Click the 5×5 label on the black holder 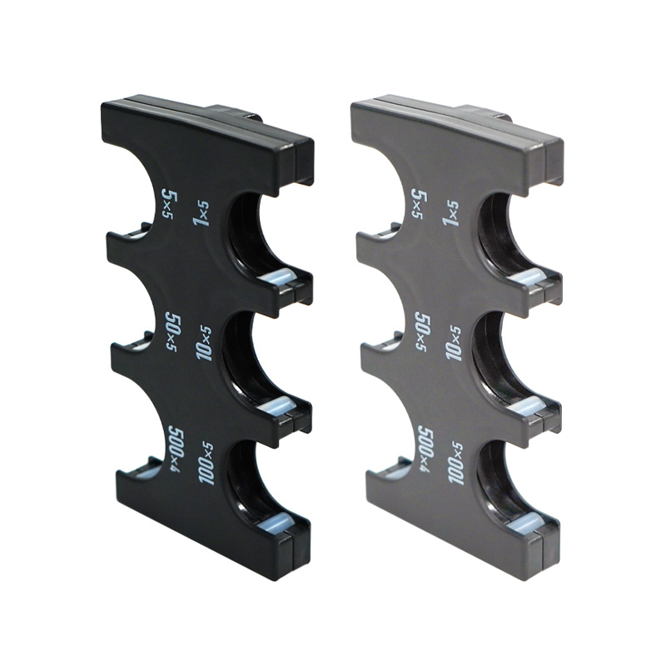point(170,204)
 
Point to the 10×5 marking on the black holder point(204,343)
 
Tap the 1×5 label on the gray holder point(451,213)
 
